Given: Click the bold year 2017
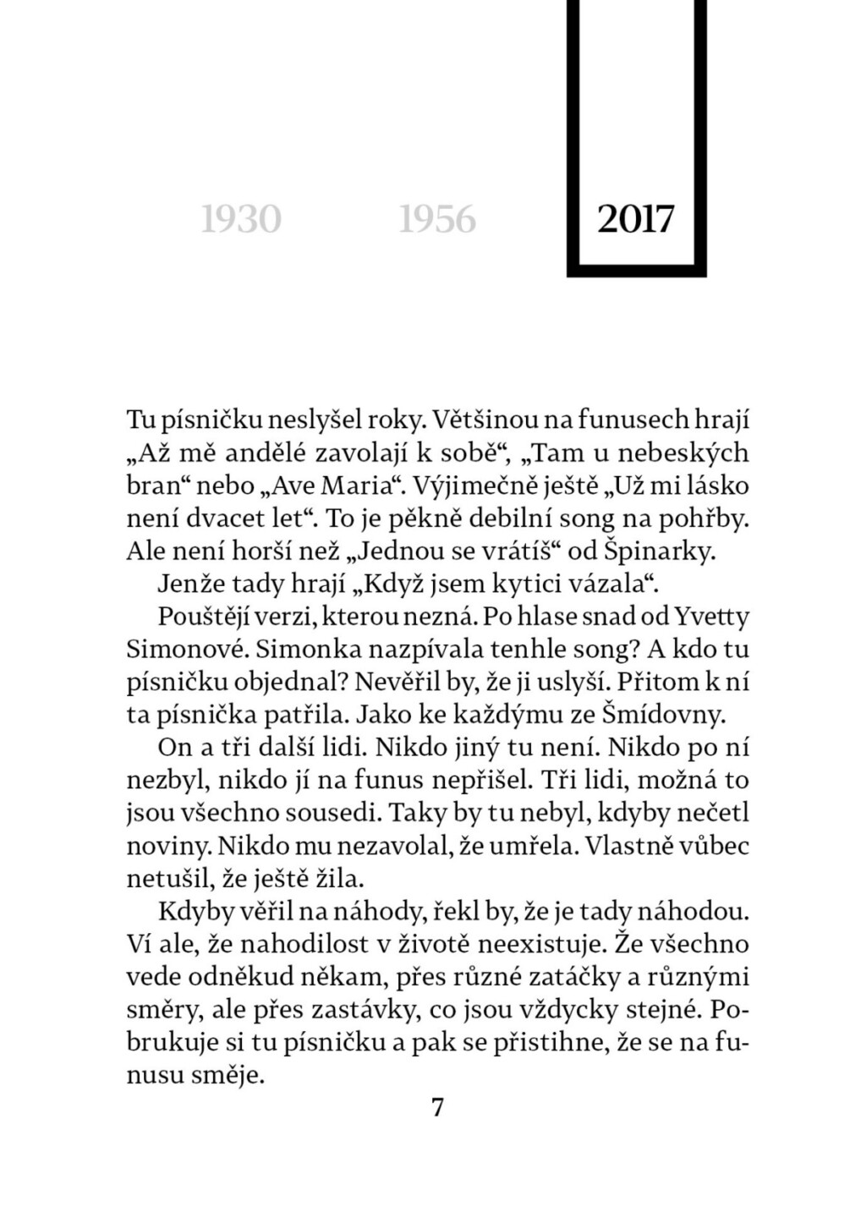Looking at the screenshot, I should [636, 219].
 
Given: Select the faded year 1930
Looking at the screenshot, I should [241, 220].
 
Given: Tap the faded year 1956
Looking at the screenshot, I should [437, 220].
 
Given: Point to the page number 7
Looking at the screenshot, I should [437, 1107].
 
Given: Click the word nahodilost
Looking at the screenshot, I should [305, 944].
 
